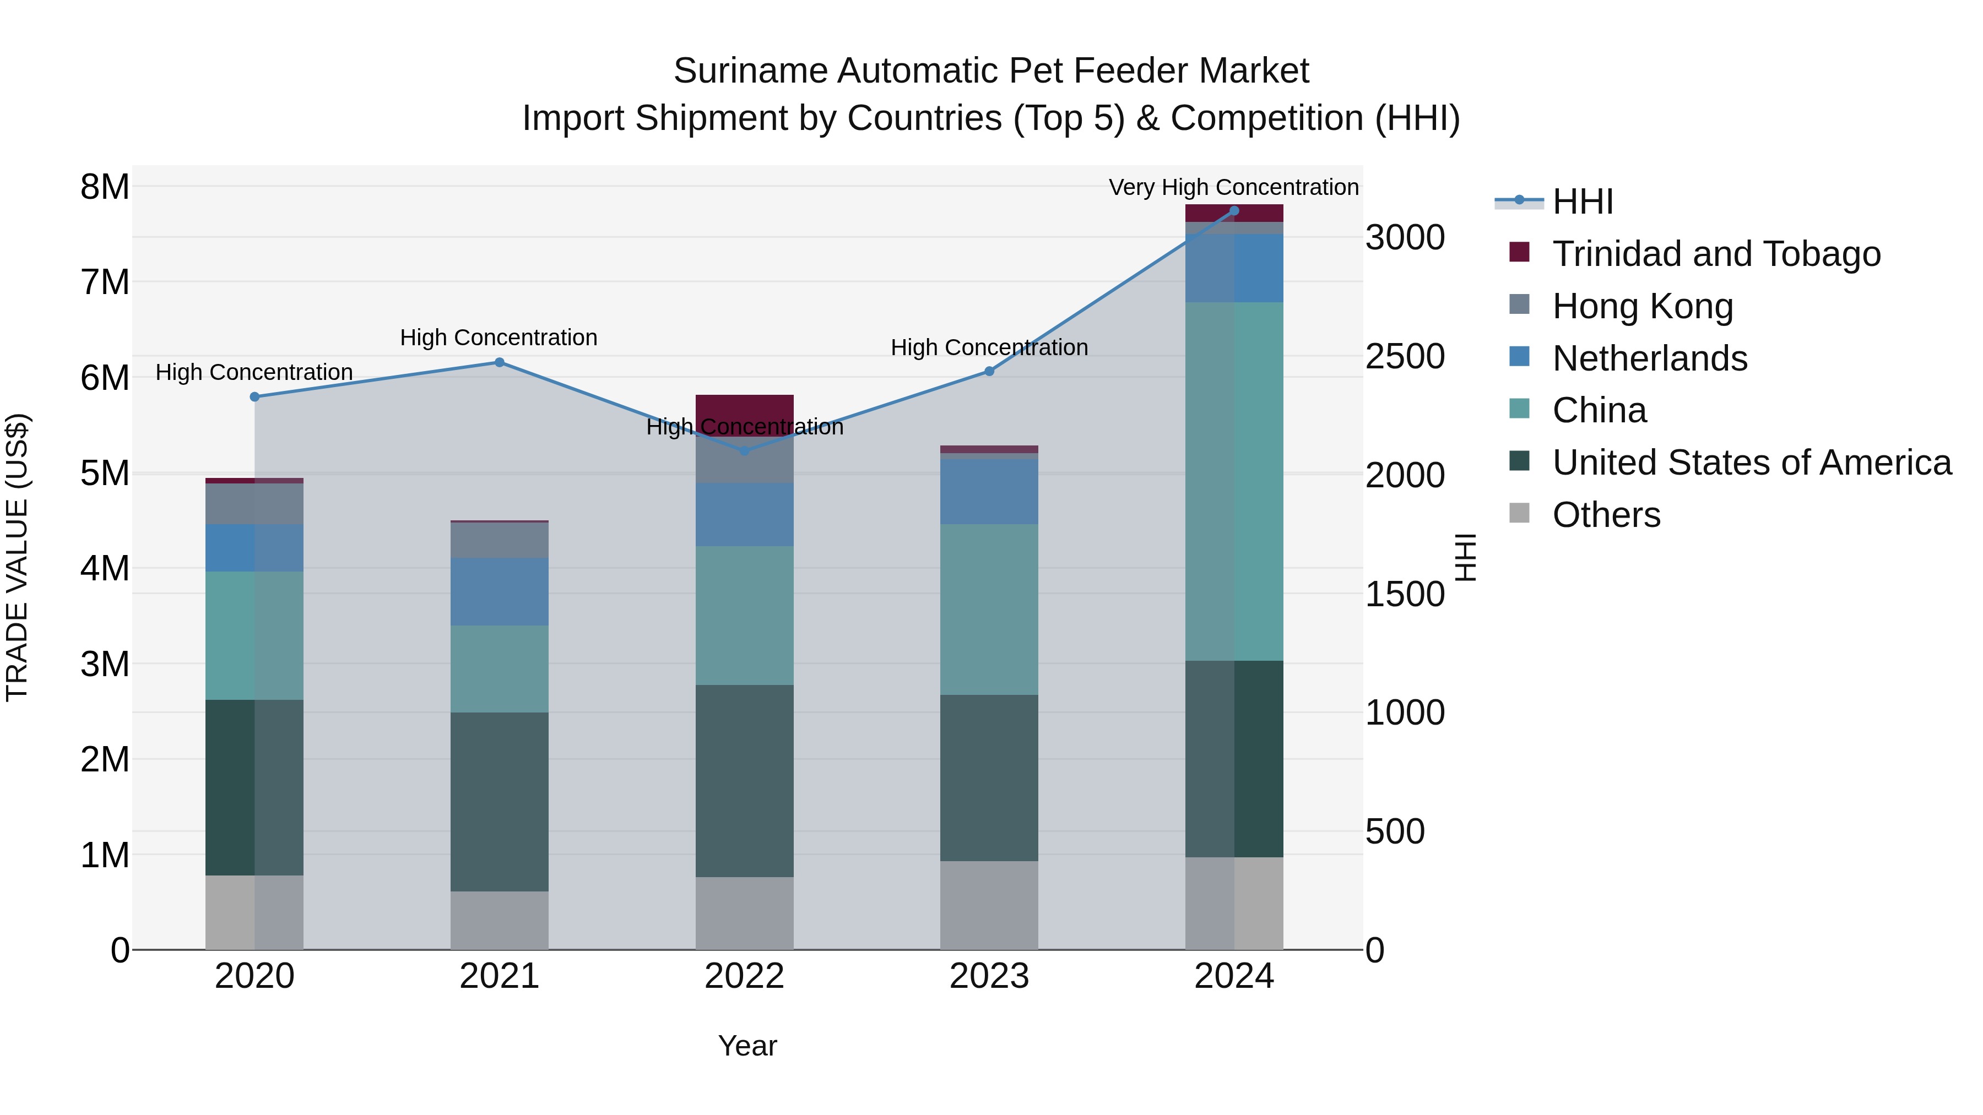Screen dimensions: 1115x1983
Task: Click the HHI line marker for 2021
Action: (x=499, y=362)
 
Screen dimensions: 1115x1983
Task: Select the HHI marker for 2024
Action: (x=1234, y=211)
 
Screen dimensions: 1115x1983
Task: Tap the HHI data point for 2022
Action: (x=744, y=451)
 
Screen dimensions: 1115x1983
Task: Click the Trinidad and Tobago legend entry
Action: (x=1716, y=254)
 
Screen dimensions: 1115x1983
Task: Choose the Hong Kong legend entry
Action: (x=1642, y=306)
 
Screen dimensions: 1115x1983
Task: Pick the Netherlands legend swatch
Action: (x=1520, y=357)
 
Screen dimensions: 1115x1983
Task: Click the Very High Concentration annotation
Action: (x=1233, y=188)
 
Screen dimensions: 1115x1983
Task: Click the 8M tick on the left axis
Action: (x=105, y=187)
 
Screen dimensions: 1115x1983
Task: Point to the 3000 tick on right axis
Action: (x=1405, y=238)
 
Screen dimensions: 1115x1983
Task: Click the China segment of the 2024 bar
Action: (x=1234, y=481)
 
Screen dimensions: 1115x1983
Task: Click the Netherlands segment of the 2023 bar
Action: (x=989, y=492)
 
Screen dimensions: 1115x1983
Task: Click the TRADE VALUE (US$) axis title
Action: (x=17, y=557)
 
